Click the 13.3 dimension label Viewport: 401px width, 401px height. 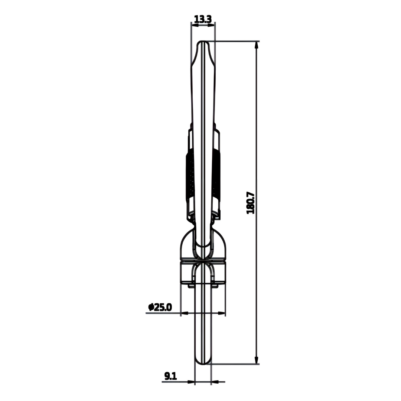(x=203, y=19)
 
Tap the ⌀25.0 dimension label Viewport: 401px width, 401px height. (x=160, y=307)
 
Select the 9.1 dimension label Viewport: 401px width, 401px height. (x=170, y=376)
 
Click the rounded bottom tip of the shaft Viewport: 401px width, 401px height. (x=203, y=362)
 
